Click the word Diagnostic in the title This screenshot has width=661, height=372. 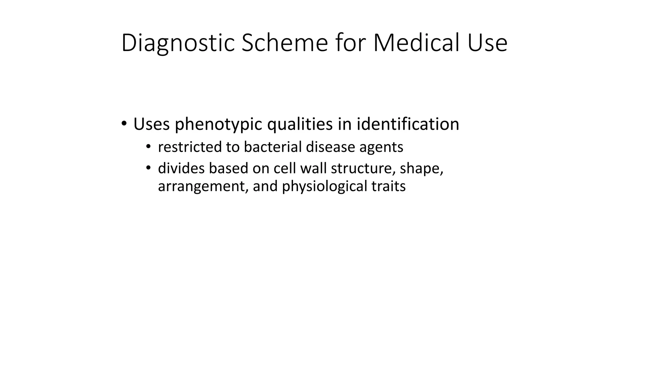coord(178,43)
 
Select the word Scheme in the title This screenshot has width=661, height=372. coord(284,43)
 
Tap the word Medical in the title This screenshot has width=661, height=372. coord(416,43)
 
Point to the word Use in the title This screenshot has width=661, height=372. coord(487,43)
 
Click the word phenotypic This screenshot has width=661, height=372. coord(218,124)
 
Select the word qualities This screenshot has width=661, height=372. coord(300,124)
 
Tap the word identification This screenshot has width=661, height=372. coord(408,124)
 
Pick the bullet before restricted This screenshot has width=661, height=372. coord(148,147)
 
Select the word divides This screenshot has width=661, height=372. coord(181,168)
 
